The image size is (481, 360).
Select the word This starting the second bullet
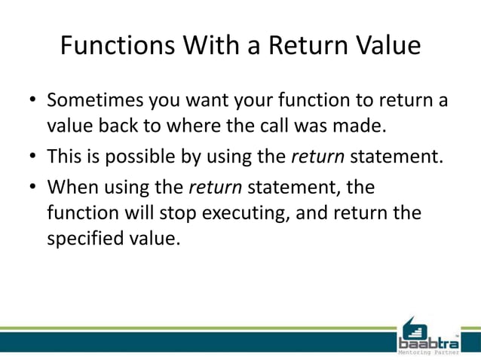point(63,156)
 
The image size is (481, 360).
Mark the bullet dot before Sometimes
point(32,101)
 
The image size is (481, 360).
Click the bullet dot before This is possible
point(32,157)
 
